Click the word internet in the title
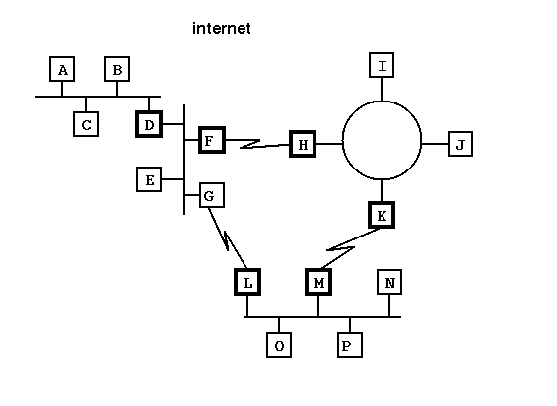[222, 28]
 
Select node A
[62, 69]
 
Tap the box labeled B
[117, 69]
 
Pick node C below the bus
[86, 124]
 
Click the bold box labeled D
[149, 124]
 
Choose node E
[149, 179]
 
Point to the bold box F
[212, 140]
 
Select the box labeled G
[212, 195]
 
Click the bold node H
[303, 144]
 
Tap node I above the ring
[382, 65]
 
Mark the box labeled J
[460, 144]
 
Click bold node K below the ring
[382, 215]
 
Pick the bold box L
[247, 282]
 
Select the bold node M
[318, 282]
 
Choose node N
[389, 282]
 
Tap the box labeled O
[279, 345]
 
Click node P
[350, 345]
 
